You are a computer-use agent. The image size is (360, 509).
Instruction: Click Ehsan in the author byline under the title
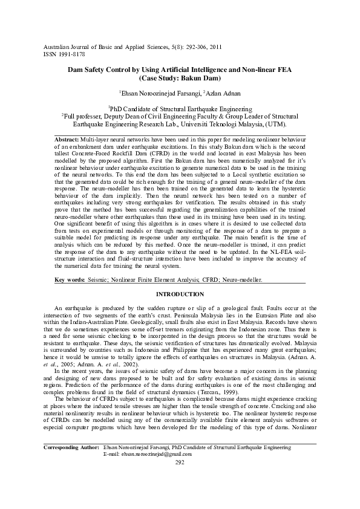point(132,93)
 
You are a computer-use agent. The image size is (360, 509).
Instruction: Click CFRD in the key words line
point(211,280)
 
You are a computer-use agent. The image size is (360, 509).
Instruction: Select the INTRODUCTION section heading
point(180,294)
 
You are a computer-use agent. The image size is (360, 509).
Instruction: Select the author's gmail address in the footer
point(150,471)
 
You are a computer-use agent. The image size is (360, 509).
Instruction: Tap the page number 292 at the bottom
point(179,479)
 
